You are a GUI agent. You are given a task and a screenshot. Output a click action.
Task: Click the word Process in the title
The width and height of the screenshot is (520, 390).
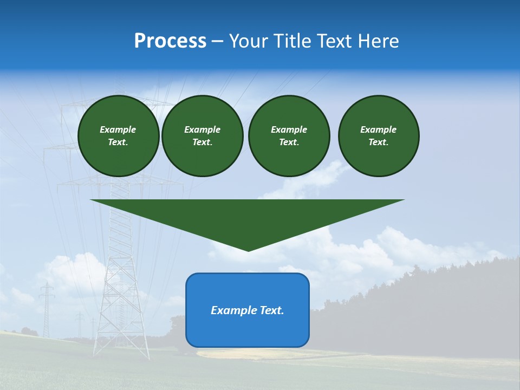170,41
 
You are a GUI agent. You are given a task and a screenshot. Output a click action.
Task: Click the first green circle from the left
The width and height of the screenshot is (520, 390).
118,136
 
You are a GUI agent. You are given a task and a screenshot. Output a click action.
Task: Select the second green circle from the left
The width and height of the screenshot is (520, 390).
202,136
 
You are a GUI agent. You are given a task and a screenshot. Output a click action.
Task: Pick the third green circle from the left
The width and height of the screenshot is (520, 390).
289,136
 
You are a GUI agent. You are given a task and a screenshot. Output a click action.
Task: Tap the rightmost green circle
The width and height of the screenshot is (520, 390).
378,136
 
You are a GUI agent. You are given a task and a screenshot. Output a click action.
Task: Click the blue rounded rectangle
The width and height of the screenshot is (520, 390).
248,310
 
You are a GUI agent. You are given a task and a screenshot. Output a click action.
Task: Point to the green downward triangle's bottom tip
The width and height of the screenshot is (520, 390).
248,250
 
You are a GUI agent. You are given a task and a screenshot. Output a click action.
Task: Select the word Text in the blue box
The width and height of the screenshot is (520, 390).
271,310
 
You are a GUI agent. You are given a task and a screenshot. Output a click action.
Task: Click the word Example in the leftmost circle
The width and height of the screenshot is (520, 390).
118,129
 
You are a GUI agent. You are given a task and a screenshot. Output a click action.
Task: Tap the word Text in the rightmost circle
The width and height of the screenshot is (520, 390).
378,142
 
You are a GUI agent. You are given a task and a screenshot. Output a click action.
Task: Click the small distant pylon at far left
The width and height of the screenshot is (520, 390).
47,309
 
